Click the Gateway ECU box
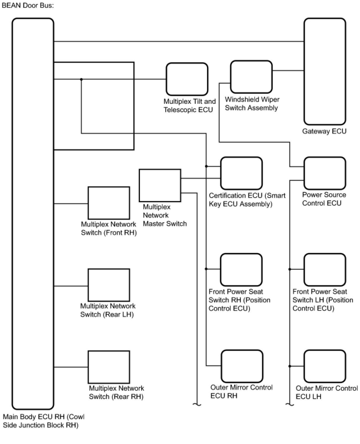[325, 71]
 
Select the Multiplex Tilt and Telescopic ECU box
[187, 79]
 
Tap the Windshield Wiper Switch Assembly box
[251, 77]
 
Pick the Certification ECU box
[241, 173]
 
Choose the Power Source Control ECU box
[325, 173]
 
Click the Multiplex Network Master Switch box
[160, 185]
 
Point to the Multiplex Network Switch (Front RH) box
[109, 203]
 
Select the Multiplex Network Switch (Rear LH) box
[109, 285]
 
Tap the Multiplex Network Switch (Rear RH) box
[109, 367]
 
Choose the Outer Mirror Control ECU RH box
[242, 366]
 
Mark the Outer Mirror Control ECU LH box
[325, 366]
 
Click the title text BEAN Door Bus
[28, 5]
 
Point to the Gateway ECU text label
[324, 131]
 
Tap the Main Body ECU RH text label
[43, 421]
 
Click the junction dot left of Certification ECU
[206, 166]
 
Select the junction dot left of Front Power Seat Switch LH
[290, 269]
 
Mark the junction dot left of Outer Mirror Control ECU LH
[290, 366]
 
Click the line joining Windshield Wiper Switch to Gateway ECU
[288, 71]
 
